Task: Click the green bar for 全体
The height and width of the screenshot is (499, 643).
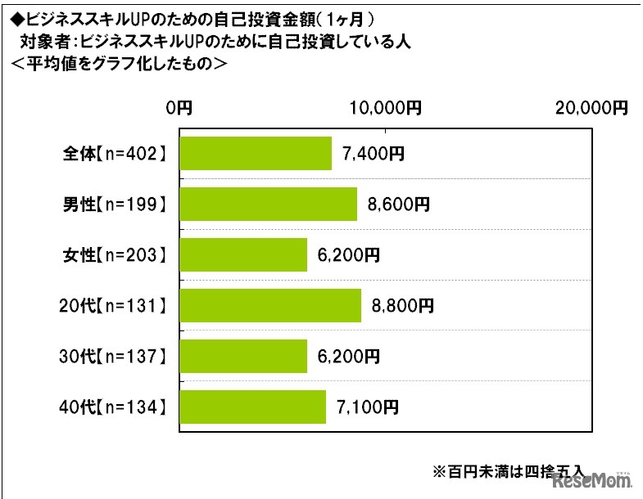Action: pos(255,153)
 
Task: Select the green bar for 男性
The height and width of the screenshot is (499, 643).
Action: pos(268,204)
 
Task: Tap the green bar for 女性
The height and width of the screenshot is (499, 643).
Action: pos(242,254)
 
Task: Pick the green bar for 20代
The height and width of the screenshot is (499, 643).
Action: pos(269,305)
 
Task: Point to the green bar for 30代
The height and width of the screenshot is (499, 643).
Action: pos(242,356)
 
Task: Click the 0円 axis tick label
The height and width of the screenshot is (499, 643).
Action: pos(179,107)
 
